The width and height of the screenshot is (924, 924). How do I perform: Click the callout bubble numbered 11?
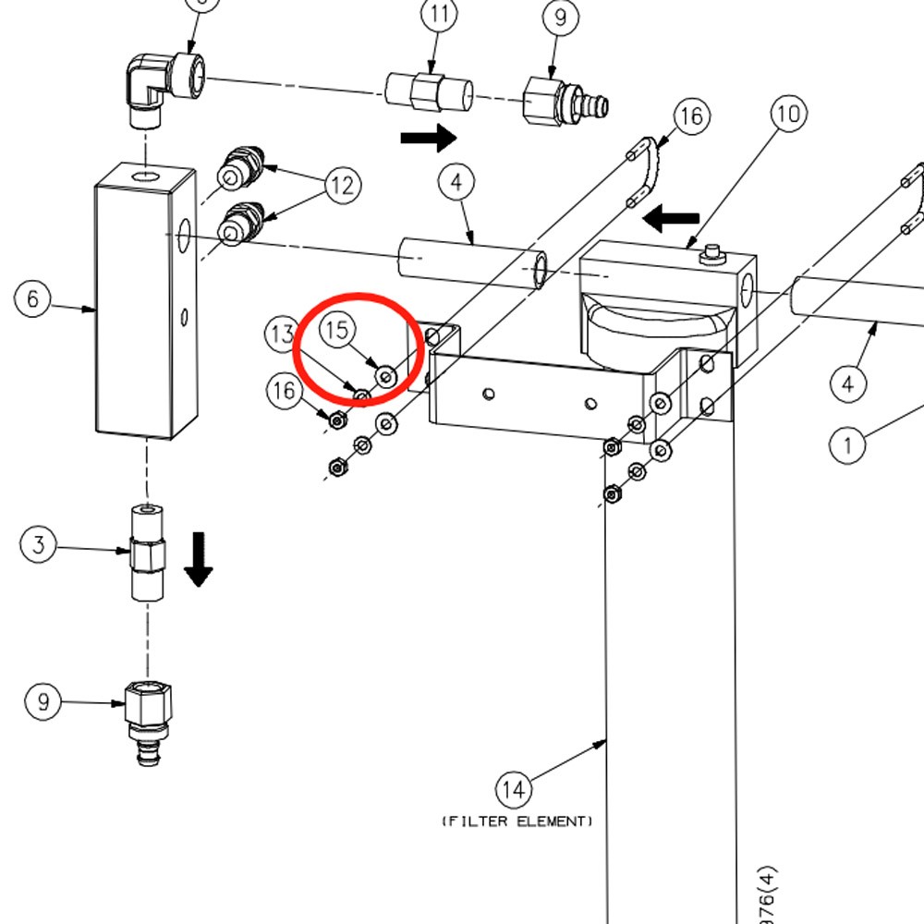click(x=440, y=16)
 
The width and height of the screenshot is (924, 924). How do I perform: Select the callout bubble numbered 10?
click(x=788, y=115)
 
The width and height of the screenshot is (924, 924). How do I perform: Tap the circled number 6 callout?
click(x=32, y=299)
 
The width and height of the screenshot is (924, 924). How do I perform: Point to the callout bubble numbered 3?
click(x=37, y=544)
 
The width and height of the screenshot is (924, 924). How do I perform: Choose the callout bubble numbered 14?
click(x=514, y=790)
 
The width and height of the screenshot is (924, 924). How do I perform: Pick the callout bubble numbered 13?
click(x=282, y=334)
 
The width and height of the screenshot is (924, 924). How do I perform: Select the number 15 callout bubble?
click(x=338, y=329)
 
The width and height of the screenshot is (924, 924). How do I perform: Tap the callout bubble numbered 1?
click(x=846, y=445)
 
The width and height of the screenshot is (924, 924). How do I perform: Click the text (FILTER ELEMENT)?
click(x=517, y=821)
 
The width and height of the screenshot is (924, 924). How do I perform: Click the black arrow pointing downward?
click(x=198, y=560)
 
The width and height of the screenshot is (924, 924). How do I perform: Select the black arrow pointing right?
click(x=428, y=139)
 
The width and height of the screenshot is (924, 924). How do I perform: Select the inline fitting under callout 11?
click(x=429, y=91)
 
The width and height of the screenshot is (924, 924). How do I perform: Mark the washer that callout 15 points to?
click(x=386, y=377)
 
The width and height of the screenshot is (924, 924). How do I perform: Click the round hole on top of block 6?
click(x=145, y=176)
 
